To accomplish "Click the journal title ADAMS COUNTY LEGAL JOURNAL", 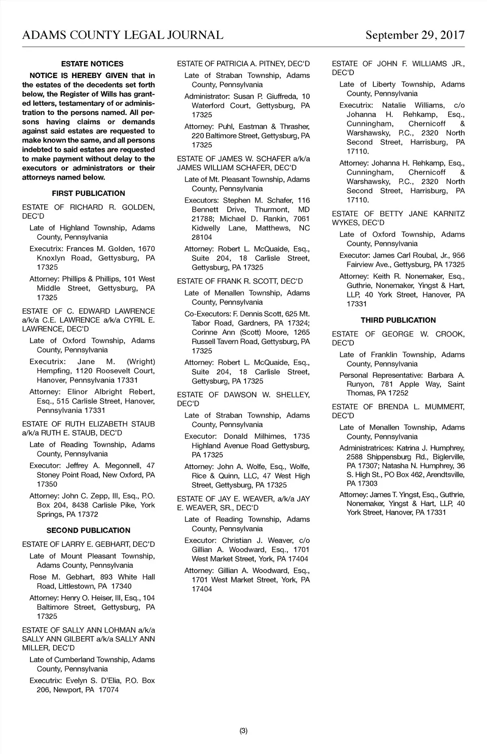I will tap(123, 35).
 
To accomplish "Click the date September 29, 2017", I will tap(415, 35).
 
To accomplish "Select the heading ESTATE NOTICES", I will tap(92, 64).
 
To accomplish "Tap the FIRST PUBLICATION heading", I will tap(88, 193).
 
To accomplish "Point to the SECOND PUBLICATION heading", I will tap(88, 530).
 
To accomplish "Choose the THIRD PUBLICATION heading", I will tap(398, 320).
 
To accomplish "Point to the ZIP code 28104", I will tap(202, 237).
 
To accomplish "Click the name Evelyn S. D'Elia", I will tap(95, 680).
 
